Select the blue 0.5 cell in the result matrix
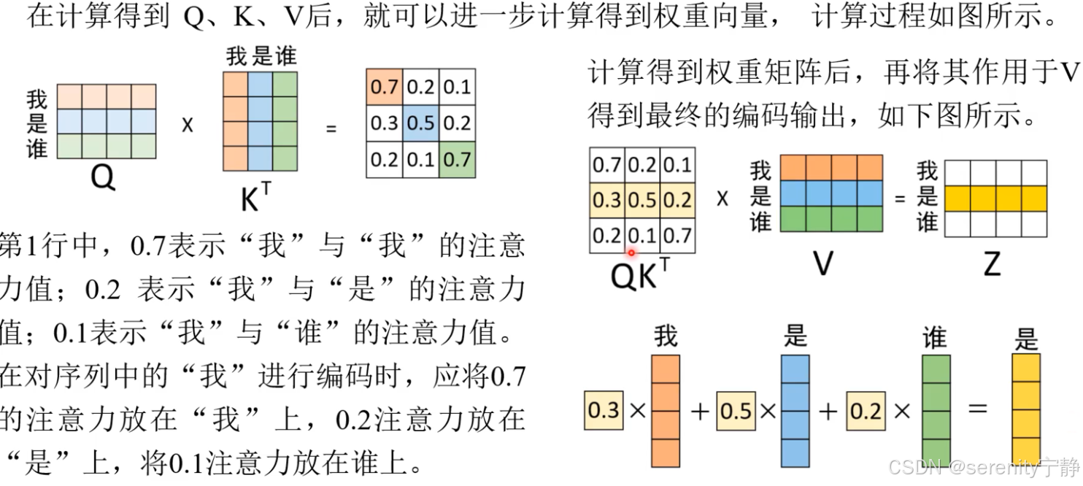coord(420,123)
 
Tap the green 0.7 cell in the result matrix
coord(457,158)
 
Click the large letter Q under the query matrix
coord(103,177)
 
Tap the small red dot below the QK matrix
coord(631,253)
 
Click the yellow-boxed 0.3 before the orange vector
coord(604,410)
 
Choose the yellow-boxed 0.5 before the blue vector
coord(736,411)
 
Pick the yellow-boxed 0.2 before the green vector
coord(866,411)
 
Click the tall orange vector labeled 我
coord(666,411)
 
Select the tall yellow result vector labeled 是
coord(1025,411)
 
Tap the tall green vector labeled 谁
coord(936,411)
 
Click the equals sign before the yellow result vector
coord(978,409)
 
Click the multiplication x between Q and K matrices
coord(188,125)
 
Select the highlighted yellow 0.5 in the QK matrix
coord(643,199)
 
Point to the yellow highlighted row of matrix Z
coord(996,198)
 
